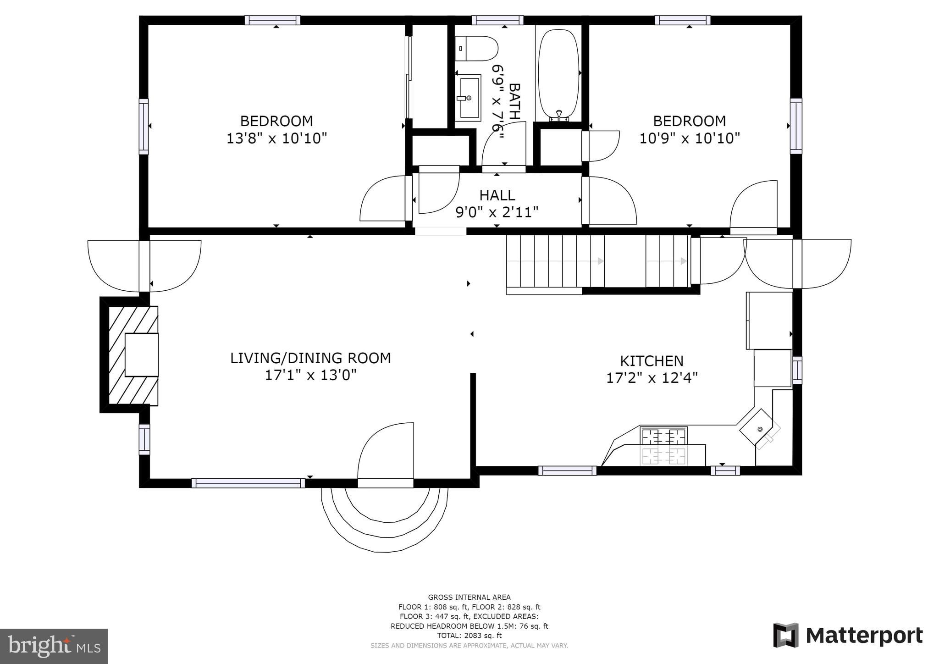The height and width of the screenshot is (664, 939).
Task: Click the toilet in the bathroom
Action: coord(477,49)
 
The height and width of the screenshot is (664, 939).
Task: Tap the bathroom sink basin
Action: coord(468,98)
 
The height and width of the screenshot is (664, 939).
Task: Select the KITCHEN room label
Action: coord(652,361)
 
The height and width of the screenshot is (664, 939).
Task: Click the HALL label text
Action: coord(497,195)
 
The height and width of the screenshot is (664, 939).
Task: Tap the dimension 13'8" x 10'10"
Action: coord(276,138)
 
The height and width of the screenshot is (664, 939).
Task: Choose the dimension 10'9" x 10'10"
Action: coord(690,138)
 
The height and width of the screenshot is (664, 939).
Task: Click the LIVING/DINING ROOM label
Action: coord(310,358)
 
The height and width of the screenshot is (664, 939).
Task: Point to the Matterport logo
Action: coord(848,636)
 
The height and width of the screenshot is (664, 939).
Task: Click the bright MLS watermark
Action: coord(54,646)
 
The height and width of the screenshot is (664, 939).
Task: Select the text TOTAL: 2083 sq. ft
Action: coord(469,636)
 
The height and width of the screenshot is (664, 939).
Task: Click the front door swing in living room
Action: coord(387,452)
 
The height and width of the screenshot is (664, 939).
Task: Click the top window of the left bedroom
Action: coord(272,20)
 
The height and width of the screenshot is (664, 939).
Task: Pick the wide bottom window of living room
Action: coord(248,483)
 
